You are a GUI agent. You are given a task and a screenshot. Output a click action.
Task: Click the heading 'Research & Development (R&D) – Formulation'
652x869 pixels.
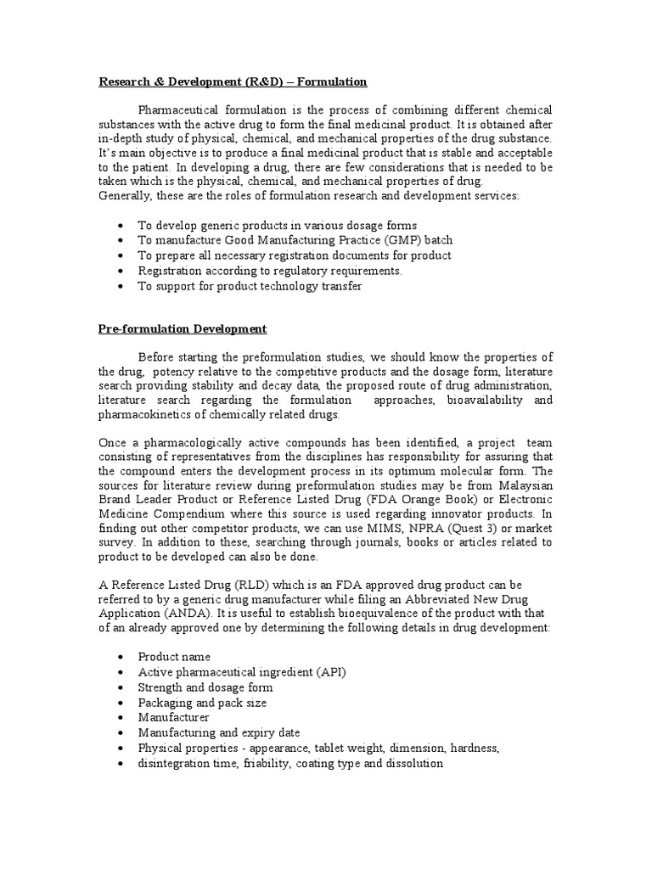click(233, 81)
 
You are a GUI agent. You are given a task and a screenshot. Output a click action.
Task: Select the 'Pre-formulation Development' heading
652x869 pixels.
click(183, 328)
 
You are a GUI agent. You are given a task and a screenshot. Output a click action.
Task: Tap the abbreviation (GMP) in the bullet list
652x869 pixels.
click(396, 240)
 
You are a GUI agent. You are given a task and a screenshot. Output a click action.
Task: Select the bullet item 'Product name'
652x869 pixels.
click(174, 656)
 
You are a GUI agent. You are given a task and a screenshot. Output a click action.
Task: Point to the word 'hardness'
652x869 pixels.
click(475, 748)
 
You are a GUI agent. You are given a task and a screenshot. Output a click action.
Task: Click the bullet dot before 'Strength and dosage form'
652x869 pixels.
click(121, 687)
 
